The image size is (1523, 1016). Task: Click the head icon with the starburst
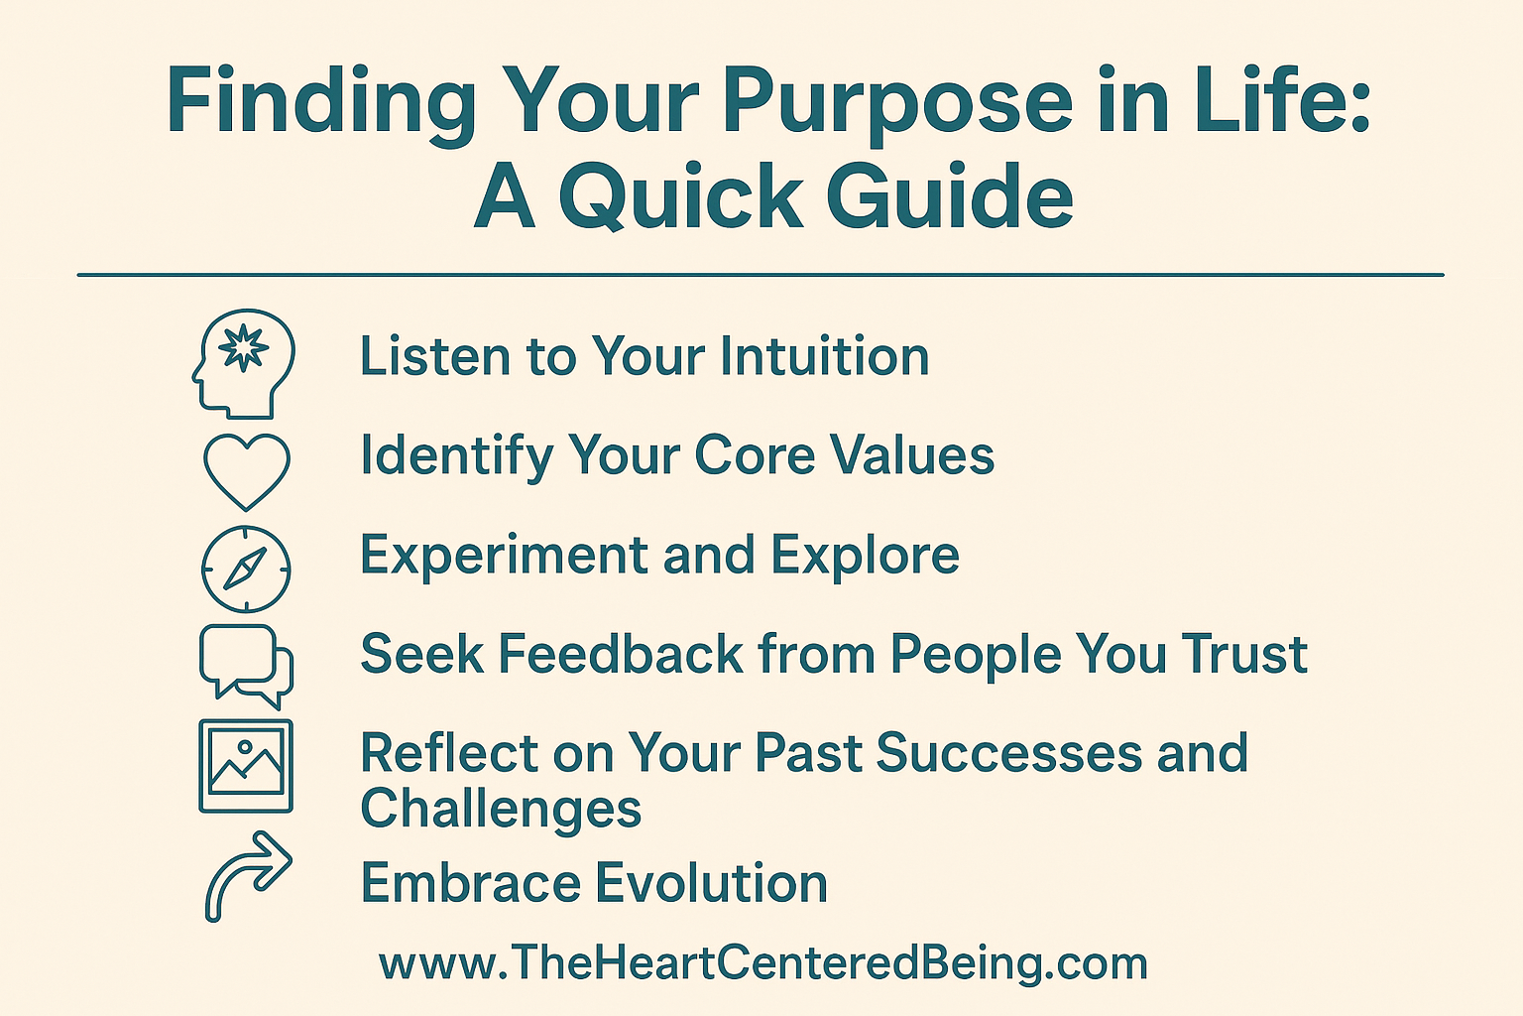pos(244,362)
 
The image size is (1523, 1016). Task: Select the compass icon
pos(246,569)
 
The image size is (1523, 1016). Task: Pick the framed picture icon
pos(246,765)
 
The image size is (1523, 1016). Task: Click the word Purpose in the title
pos(897,102)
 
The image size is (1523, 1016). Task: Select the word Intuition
pos(824,356)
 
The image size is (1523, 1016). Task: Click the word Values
pos(912,455)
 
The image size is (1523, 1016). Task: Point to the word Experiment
pos(505,556)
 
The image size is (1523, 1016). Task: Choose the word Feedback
pos(621,655)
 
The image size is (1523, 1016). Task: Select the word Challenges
pos(501,809)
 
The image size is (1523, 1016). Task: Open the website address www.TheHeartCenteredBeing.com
pos(762,963)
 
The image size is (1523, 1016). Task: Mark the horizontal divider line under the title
pos(761,275)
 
